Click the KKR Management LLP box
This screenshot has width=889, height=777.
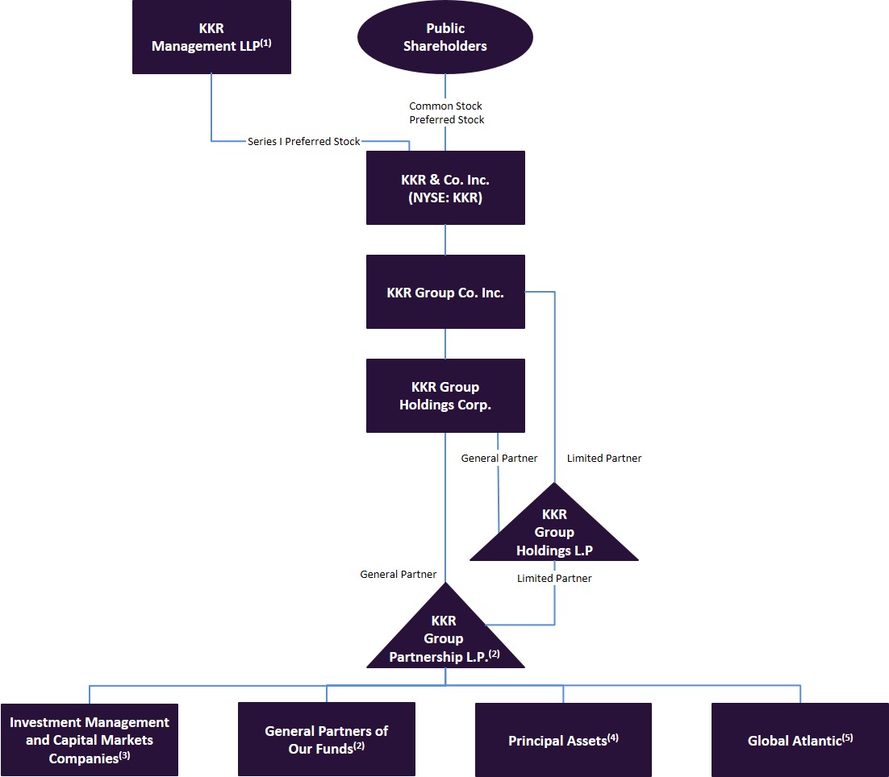(211, 37)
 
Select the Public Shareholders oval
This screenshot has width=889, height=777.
(445, 37)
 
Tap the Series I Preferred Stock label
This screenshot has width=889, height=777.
(304, 141)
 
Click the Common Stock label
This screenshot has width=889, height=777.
(445, 106)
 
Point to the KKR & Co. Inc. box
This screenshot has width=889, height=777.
(445, 188)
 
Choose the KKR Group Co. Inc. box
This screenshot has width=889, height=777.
(445, 293)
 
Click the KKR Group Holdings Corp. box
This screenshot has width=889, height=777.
(445, 396)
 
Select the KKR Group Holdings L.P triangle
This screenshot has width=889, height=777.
(554, 533)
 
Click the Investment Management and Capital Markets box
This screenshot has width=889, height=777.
(89, 740)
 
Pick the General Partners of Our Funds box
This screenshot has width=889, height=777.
(326, 740)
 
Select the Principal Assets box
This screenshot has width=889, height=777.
(563, 740)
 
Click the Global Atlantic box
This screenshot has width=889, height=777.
(799, 740)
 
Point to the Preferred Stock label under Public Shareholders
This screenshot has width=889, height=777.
(447, 119)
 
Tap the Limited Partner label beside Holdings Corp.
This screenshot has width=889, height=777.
(604, 458)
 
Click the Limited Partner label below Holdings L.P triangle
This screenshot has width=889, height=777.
(554, 578)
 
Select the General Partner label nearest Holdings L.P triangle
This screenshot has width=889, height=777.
(499, 458)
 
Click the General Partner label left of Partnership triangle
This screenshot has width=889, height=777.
(398, 574)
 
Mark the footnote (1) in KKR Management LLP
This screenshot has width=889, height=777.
(265, 43)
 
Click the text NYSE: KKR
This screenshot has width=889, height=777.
(445, 197)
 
